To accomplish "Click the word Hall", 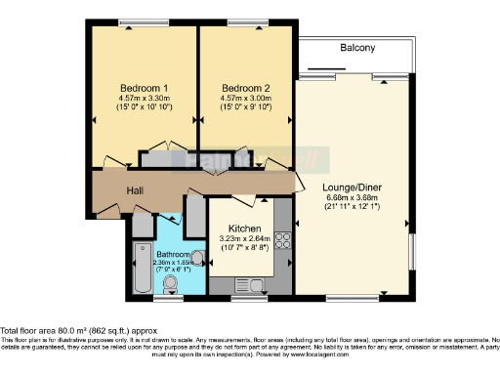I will [136, 191].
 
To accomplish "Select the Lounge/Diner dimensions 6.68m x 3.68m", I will [351, 196].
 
